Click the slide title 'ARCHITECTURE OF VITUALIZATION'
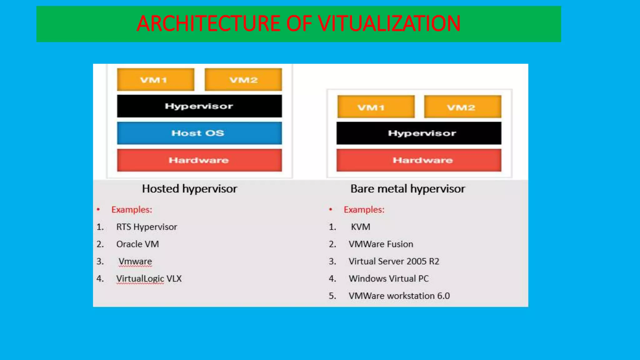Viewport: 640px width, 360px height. coord(298,24)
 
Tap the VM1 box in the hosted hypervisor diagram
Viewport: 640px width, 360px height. coord(156,80)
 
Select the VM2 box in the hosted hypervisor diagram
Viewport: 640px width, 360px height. coord(243,80)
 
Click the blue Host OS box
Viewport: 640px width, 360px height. coord(199,133)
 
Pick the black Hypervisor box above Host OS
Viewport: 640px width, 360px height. coord(199,106)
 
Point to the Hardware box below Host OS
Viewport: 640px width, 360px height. coord(199,160)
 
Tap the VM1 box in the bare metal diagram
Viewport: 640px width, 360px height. coord(376,107)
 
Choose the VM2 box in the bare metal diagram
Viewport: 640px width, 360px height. coord(462,107)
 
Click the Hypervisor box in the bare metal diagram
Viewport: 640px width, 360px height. coord(419,133)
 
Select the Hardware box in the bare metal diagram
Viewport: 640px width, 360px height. coord(419,160)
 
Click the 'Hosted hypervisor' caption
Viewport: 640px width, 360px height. coord(190,189)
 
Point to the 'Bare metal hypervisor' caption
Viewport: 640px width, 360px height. coord(408,189)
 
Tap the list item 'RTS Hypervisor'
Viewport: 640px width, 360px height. coord(147,227)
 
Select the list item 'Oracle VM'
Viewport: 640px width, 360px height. coord(137,244)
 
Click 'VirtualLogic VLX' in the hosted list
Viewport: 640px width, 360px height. coord(149,278)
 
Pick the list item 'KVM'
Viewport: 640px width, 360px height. coord(360,227)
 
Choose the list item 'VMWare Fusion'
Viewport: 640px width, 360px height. coord(381,244)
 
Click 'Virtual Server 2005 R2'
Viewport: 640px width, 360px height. coord(394,261)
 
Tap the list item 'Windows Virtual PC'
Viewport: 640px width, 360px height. coord(389,278)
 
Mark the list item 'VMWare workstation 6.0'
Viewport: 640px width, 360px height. coord(399,296)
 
